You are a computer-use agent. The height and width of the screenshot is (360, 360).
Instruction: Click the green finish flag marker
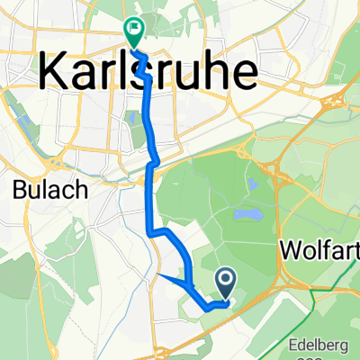134,33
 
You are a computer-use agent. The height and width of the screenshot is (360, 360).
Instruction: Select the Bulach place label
34,191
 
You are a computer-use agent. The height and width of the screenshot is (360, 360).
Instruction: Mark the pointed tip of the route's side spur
157,274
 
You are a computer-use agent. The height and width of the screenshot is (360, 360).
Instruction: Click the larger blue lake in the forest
240,217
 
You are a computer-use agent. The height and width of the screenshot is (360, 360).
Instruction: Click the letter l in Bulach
33,191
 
